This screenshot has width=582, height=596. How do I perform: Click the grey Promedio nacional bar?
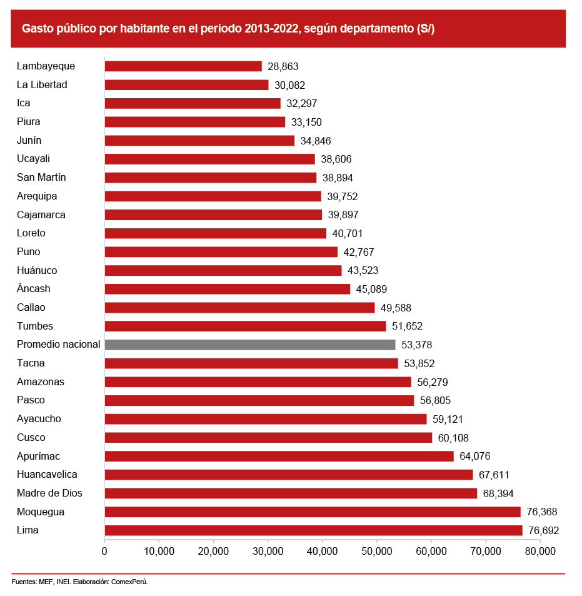click(250, 345)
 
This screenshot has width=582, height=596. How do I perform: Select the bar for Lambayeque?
click(183, 66)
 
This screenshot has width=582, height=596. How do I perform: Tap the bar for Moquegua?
click(313, 512)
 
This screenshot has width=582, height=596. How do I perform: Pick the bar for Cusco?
click(268, 438)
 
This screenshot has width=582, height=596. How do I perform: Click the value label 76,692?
click(543, 531)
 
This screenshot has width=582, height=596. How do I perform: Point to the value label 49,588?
click(396, 308)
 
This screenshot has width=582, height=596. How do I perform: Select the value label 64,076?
click(474, 457)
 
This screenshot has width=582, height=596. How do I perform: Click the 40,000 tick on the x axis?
click(322, 551)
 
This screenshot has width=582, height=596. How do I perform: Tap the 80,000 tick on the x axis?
click(539, 551)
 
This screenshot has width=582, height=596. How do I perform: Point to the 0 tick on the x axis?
click(104, 551)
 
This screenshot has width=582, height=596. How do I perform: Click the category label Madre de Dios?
click(49, 493)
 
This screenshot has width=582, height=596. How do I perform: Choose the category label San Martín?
click(41, 178)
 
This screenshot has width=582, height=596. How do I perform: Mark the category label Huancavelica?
click(47, 475)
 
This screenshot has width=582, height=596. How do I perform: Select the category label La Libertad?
click(42, 85)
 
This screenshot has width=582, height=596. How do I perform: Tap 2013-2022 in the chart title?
click(271, 29)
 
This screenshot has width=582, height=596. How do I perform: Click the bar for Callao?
click(239, 308)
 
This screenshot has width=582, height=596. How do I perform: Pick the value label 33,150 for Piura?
click(306, 122)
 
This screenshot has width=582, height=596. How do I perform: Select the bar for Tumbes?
click(245, 326)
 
